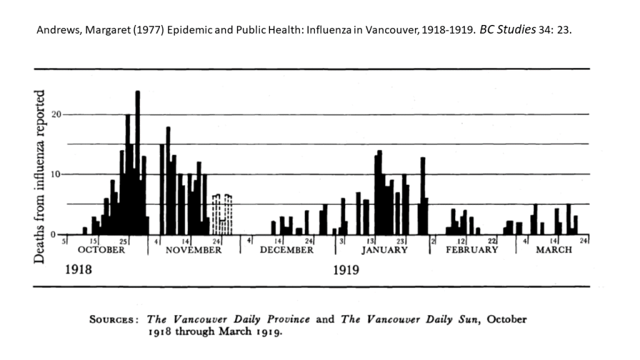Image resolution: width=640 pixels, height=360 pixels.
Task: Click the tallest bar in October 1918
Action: (x=137, y=162)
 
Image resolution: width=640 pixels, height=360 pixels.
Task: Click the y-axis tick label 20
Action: (x=54, y=114)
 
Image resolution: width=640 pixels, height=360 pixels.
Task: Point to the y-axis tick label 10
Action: (x=54, y=174)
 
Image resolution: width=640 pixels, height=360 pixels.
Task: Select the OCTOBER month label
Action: (x=101, y=250)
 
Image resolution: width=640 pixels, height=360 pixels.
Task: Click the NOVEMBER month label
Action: (x=194, y=250)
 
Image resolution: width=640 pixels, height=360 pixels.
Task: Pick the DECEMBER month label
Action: (x=287, y=250)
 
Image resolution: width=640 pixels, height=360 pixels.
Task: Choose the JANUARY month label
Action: (x=385, y=250)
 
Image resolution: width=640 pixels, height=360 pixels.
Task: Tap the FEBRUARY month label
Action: (x=472, y=250)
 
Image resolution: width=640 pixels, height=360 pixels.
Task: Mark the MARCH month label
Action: (x=554, y=250)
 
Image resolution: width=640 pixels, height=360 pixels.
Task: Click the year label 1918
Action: (x=79, y=271)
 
